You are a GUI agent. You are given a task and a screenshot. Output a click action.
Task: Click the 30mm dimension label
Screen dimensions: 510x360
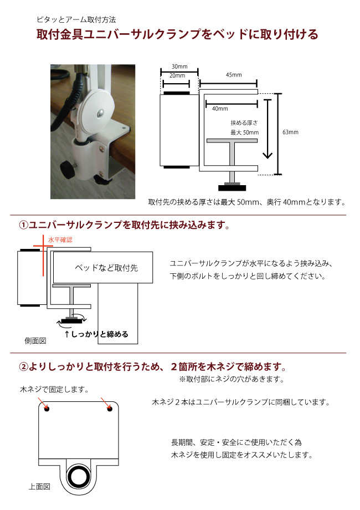(x=179, y=66)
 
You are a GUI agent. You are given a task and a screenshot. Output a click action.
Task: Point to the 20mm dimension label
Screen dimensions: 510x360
(x=177, y=75)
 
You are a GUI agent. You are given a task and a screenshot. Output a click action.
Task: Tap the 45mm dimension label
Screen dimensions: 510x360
(x=234, y=75)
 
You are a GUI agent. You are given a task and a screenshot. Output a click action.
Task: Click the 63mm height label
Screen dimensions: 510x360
(x=290, y=132)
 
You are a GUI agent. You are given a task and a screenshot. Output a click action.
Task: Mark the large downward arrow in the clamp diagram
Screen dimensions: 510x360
(x=268, y=129)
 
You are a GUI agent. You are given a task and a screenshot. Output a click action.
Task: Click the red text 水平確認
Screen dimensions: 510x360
(x=60, y=239)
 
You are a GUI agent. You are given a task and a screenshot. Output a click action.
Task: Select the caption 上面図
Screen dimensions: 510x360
(x=39, y=487)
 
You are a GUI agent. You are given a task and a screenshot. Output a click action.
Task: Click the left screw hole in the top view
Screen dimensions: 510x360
(x=47, y=410)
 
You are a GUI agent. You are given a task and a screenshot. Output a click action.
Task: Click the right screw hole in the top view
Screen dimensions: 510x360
(x=110, y=410)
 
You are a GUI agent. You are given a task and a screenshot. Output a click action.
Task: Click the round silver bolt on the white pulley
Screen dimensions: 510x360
(x=100, y=113)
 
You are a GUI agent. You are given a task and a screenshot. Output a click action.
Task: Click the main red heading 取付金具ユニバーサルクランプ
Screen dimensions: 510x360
(x=177, y=35)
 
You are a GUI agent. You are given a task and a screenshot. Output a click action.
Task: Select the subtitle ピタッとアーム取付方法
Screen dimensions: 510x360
(x=76, y=19)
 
